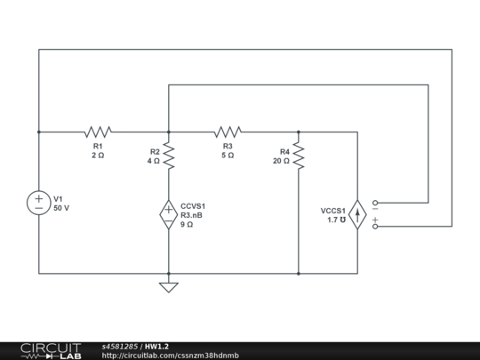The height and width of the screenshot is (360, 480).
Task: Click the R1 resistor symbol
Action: pos(98,132)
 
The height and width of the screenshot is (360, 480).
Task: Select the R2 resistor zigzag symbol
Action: pos(168,157)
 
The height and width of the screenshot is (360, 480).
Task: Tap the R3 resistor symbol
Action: pos(228,132)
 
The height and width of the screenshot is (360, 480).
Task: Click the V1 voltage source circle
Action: pos(38,203)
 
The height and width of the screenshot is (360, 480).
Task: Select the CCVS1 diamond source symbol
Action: pos(168,214)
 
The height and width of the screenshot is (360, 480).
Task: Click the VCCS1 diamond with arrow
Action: pos(357,215)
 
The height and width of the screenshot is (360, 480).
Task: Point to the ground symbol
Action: pos(168,286)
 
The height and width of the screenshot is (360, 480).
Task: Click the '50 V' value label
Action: pos(61,208)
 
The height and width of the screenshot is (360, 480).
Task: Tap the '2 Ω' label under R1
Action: pos(98,155)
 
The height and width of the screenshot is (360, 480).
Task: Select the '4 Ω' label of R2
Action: pos(153,161)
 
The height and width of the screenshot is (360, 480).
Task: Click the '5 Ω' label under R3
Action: pos(228,155)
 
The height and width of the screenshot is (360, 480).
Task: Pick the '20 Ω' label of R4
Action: pos(282,161)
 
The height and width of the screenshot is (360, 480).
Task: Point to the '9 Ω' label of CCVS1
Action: pos(188,225)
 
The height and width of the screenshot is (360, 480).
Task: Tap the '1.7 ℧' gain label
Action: pos(336,220)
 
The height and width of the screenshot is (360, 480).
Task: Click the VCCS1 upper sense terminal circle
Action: pos(375,204)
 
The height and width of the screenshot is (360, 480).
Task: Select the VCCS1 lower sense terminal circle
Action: pos(375,227)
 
